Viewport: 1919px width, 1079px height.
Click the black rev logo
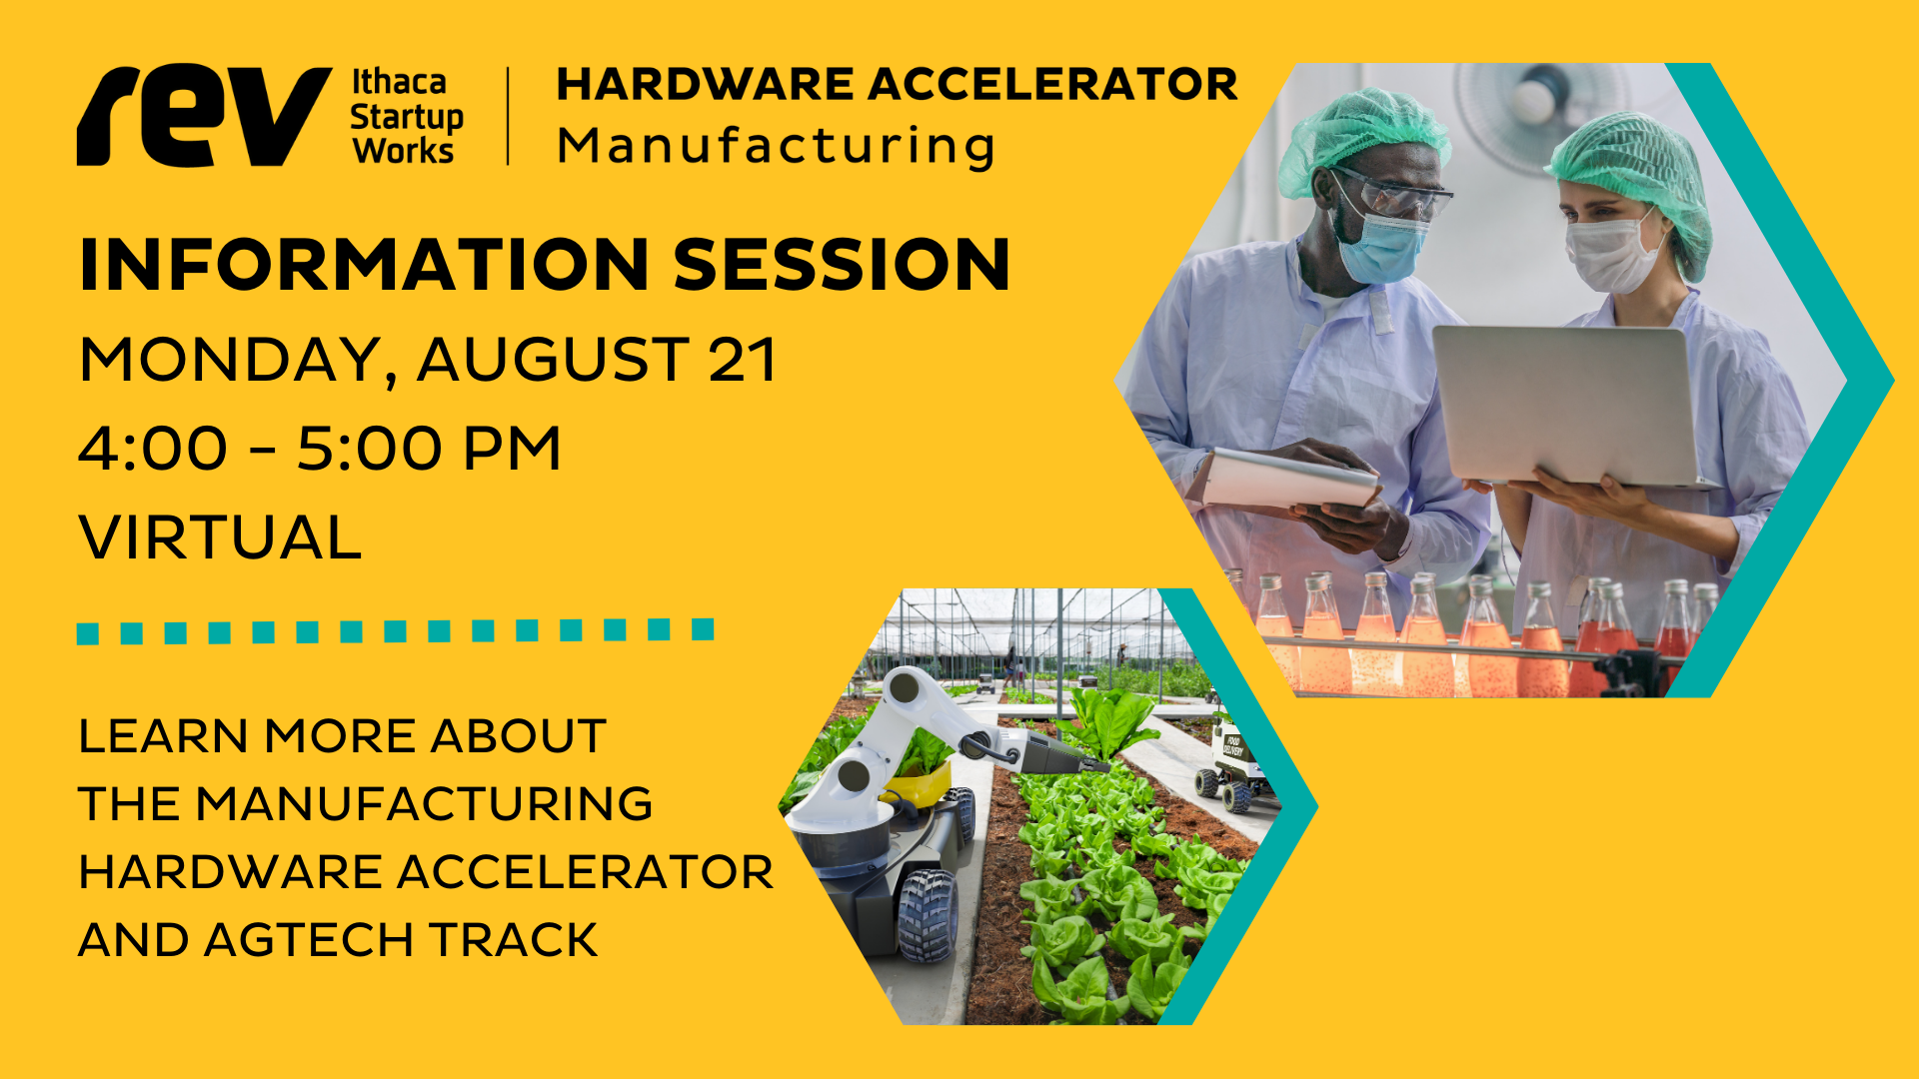tap(204, 115)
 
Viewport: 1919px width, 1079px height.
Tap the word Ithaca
tap(399, 82)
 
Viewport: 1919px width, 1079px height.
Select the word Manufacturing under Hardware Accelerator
tap(776, 146)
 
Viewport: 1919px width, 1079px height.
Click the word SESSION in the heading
tap(842, 265)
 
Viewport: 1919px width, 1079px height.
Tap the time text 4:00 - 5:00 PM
tap(320, 449)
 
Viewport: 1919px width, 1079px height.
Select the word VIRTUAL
tap(220, 538)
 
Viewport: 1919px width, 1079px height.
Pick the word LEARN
tap(163, 736)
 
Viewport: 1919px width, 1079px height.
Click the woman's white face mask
tap(1611, 256)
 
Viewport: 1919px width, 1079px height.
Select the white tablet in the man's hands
tap(1289, 479)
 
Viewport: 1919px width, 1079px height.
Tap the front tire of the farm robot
tap(928, 914)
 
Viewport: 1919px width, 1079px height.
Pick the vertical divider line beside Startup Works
tap(509, 116)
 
